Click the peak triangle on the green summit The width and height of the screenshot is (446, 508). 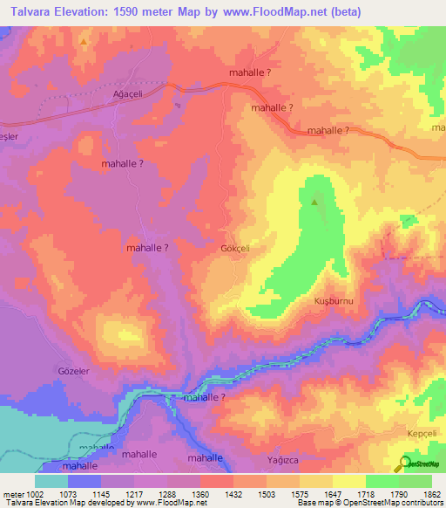314,202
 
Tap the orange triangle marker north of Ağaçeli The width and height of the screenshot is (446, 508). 84,41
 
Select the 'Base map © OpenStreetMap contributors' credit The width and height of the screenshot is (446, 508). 368,503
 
